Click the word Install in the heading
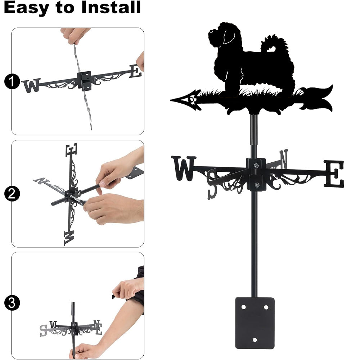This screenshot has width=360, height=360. point(111,7)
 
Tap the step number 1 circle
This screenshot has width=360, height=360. point(12,81)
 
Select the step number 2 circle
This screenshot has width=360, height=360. point(12,194)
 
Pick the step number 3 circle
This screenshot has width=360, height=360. point(12,303)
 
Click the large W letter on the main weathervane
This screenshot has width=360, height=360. point(184,168)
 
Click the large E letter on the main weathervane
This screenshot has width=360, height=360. point(334,174)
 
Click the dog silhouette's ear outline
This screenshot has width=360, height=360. point(229,36)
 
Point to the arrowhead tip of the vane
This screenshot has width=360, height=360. point(171,100)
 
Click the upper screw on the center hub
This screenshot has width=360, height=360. point(256,165)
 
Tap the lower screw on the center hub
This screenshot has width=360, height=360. point(257,185)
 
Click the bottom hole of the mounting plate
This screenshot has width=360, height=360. point(255,340)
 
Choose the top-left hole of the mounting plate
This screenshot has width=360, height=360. point(244,307)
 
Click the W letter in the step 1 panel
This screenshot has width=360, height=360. point(31,85)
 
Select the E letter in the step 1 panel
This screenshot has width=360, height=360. point(135,71)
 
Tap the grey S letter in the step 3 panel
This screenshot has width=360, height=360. point(43,330)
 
